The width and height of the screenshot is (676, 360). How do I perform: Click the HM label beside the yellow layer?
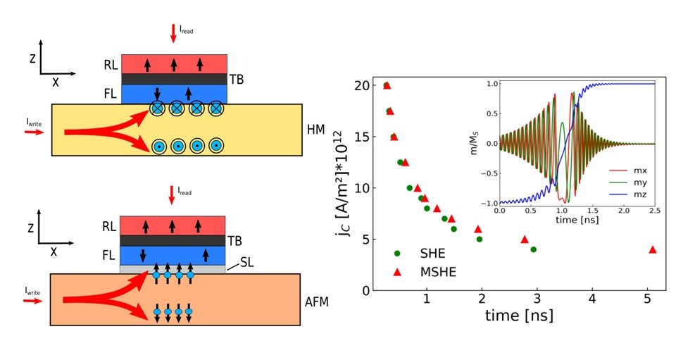[316, 132]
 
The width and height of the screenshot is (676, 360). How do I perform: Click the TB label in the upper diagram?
[237, 80]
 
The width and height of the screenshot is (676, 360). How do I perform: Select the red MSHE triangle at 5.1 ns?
[653, 249]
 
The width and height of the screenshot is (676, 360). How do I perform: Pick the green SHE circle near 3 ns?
[533, 249]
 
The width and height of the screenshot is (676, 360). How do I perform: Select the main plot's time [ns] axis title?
[519, 315]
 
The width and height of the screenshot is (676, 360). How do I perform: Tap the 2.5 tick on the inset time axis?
[654, 210]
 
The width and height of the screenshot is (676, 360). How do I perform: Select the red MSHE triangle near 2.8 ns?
[524, 240]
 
